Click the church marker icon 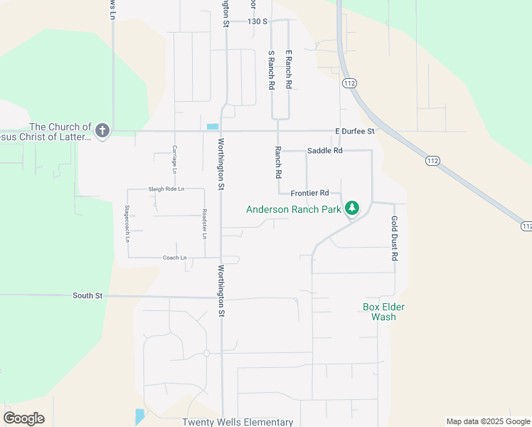pyautogui.click(x=102, y=130)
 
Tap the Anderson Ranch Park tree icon pyautogui.click(x=351, y=209)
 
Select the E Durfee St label pyautogui.click(x=355, y=132)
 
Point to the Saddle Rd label pyautogui.click(x=325, y=151)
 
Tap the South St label pyautogui.click(x=87, y=295)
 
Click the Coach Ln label pyautogui.click(x=174, y=258)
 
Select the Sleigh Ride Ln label pyautogui.click(x=166, y=189)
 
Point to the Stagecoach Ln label pyautogui.click(x=127, y=224)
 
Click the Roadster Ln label pyautogui.click(x=204, y=223)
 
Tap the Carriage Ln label pyautogui.click(x=174, y=159)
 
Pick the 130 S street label pyautogui.click(x=257, y=22)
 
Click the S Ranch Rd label pyautogui.click(x=271, y=70)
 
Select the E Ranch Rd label pyautogui.click(x=289, y=69)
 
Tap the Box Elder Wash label pyautogui.click(x=379, y=312)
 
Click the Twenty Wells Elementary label pyautogui.click(x=238, y=422)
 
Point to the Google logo pyautogui.click(x=23, y=418)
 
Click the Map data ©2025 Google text pyautogui.click(x=488, y=421)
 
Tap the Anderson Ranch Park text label pyautogui.click(x=294, y=209)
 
